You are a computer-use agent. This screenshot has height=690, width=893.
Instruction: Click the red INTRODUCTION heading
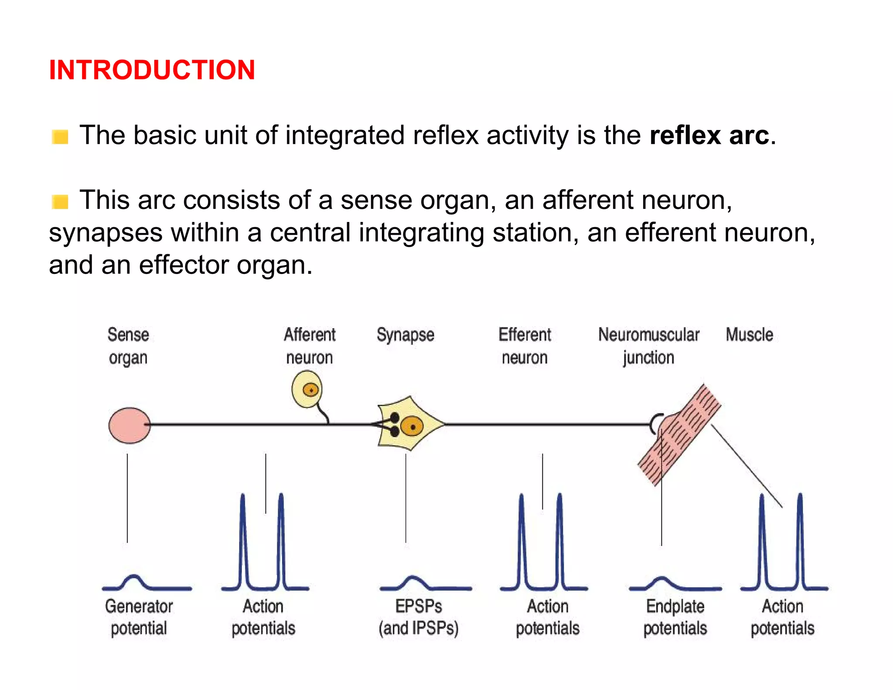152,70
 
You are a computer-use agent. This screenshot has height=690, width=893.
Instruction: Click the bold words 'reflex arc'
709,135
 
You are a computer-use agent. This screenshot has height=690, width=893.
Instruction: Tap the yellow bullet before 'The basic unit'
60,137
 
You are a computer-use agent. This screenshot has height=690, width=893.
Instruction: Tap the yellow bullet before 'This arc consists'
60,202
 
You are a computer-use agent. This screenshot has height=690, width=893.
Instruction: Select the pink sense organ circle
129,425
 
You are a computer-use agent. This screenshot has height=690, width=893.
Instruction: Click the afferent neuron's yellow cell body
307,389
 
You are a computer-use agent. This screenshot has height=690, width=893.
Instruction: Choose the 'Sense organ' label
128,346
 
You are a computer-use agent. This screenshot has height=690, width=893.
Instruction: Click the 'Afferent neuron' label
310,346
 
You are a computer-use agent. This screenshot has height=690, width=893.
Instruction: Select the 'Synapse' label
406,335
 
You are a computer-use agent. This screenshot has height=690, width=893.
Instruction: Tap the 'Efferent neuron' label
525,346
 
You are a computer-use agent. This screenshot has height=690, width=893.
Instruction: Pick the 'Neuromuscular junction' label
648,346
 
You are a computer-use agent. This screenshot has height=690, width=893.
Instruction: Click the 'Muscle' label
749,335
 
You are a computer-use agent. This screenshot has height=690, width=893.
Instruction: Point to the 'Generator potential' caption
139,617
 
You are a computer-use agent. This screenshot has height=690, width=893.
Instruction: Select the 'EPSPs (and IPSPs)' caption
419,617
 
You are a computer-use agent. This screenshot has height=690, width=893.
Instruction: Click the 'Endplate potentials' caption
675,617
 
